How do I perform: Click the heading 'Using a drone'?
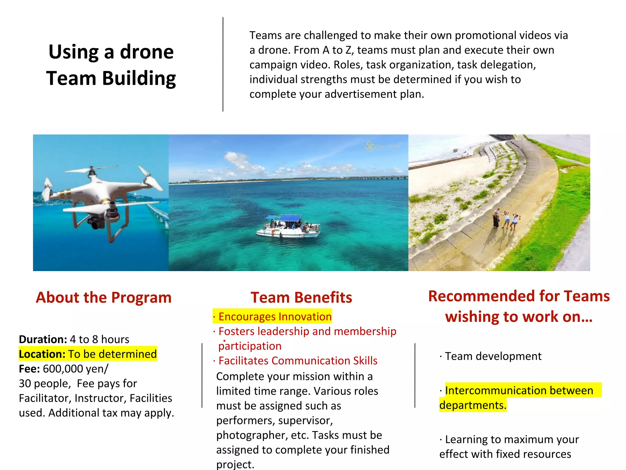(x=111, y=52)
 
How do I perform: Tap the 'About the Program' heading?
(x=104, y=297)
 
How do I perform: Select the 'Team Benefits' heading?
(x=301, y=297)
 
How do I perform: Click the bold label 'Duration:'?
(x=43, y=339)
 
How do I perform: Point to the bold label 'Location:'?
(x=42, y=354)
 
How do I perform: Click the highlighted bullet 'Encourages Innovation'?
(x=275, y=316)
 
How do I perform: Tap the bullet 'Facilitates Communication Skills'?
(x=298, y=361)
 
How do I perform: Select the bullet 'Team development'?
(x=493, y=356)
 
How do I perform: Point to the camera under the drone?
(x=96, y=223)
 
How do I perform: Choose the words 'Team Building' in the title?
(x=111, y=78)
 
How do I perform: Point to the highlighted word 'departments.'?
(x=473, y=405)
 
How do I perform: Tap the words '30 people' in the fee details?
(x=45, y=383)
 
